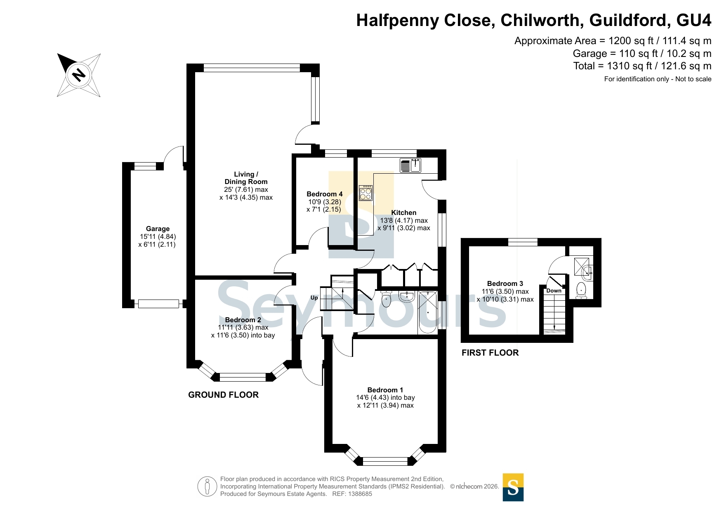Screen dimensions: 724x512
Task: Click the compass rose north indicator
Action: (x=79, y=75)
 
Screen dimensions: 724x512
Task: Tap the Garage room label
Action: (x=158, y=229)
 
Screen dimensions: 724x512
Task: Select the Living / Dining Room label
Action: (x=246, y=178)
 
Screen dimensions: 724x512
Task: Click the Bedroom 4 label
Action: (x=325, y=194)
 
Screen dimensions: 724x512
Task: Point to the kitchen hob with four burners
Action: (x=366, y=193)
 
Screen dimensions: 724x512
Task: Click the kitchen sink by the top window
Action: (x=410, y=165)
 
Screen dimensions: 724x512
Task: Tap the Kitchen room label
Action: (x=404, y=212)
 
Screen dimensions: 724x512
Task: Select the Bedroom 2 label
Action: (x=243, y=320)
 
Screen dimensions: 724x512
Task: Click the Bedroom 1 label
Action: (x=385, y=390)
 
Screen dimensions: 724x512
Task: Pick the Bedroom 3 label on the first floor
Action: (x=505, y=283)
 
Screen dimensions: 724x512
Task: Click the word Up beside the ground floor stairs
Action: (x=314, y=298)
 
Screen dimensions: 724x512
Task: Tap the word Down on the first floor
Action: (x=554, y=290)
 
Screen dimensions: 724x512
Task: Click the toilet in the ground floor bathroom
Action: (x=386, y=299)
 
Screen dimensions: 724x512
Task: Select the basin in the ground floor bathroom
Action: (x=407, y=296)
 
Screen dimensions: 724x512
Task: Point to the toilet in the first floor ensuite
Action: (x=581, y=290)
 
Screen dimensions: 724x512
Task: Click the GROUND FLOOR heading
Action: (x=224, y=395)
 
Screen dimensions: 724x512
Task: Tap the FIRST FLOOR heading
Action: (x=490, y=353)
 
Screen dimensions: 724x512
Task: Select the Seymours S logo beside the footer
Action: (x=513, y=487)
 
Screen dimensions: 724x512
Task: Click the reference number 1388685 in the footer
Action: (x=360, y=494)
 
